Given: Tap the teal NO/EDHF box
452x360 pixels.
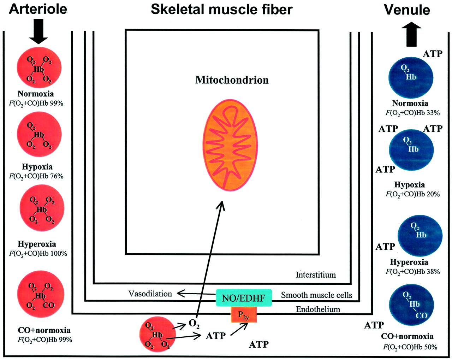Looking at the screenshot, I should (244, 298).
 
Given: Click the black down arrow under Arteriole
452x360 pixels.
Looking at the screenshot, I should (38, 31).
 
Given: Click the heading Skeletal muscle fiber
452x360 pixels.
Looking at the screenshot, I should (221, 10).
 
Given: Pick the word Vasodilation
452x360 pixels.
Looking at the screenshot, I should (150, 294).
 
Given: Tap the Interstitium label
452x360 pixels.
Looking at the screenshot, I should (316, 275).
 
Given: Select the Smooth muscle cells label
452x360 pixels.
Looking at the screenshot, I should (316, 295).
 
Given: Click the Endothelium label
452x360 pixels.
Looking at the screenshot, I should (318, 309).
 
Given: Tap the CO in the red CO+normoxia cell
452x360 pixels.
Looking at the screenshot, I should (49, 305).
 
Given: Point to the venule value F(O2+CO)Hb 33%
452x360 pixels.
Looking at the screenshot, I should (412, 113).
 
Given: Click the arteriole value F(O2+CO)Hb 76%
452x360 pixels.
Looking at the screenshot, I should (36, 176).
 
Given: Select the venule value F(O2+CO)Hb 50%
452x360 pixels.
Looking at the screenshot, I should (410, 347).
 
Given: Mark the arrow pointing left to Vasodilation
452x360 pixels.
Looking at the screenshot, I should (196, 294).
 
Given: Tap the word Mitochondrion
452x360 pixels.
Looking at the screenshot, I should (232, 80).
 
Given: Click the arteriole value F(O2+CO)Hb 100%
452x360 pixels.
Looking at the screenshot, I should (38, 253).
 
